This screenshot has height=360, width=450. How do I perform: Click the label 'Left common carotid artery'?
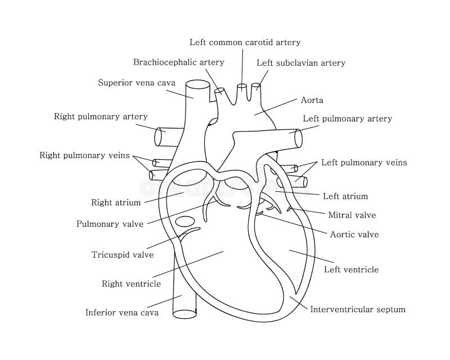click(x=245, y=42)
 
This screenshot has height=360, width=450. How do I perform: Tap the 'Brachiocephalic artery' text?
click(x=178, y=62)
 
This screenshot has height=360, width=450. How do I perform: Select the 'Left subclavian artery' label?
click(x=300, y=63)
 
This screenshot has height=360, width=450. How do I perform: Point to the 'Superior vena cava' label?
click(x=136, y=83)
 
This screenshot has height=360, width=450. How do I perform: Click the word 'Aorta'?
click(x=312, y=100)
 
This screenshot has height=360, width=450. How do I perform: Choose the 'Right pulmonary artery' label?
click(x=101, y=117)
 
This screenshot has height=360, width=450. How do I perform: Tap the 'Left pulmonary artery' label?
click(x=347, y=119)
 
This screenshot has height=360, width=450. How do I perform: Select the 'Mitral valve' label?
click(x=352, y=215)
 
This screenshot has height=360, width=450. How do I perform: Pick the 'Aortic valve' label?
click(x=354, y=235)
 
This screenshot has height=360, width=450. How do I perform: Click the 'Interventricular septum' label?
click(x=358, y=309)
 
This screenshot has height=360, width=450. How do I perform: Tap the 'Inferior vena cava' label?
click(x=122, y=312)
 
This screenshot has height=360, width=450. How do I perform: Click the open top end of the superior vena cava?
click(x=197, y=85)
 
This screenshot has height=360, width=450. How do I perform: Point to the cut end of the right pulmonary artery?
click(x=159, y=137)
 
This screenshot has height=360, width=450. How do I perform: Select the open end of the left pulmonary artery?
click(x=298, y=137)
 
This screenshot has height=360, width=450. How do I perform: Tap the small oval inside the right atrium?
click(x=183, y=221)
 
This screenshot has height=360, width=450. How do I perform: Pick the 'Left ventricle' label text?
click(x=351, y=269)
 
